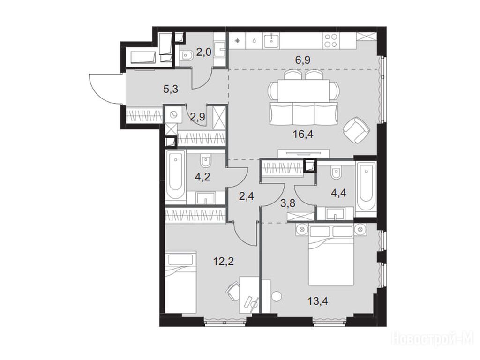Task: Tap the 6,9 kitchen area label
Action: pos(303,60)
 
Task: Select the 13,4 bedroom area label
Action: pos(318,301)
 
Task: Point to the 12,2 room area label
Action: pos(224,261)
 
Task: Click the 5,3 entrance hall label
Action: pos(171,90)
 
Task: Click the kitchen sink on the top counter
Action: pos(271,40)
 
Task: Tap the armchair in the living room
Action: pos(357,130)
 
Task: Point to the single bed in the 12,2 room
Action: pos(180,282)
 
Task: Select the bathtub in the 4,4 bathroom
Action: pos(366,187)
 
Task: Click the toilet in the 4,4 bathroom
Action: pos(336,173)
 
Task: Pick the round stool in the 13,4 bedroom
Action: pos(277,297)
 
